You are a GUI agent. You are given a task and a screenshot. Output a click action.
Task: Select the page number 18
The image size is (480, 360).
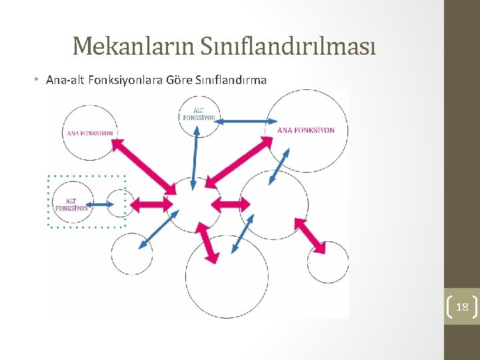click(x=461, y=307)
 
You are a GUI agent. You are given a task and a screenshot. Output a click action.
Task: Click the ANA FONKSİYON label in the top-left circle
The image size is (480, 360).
click(x=89, y=133)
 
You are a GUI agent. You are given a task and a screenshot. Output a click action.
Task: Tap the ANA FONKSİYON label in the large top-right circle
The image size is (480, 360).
click(x=306, y=130)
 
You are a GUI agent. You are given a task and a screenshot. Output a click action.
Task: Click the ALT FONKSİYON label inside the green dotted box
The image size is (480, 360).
click(x=71, y=205)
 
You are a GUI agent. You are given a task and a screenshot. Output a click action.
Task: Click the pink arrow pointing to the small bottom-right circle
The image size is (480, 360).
click(x=307, y=235)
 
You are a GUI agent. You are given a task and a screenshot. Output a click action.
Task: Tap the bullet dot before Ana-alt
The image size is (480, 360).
click(x=37, y=80)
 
